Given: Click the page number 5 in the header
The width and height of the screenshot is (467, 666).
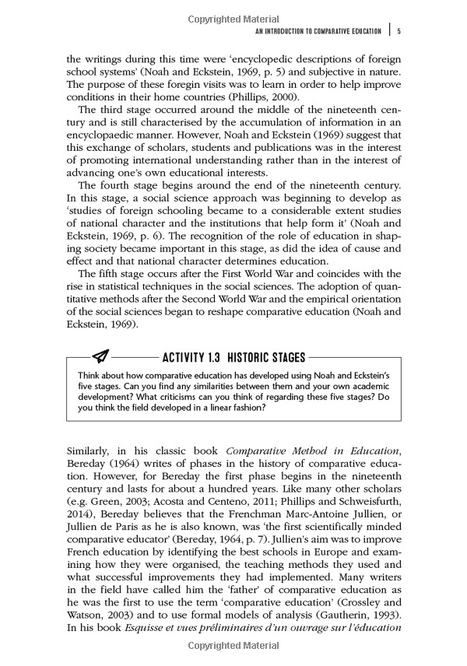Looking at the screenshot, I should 399,31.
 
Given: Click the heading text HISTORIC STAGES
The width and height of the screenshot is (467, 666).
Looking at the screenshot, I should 262,357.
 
